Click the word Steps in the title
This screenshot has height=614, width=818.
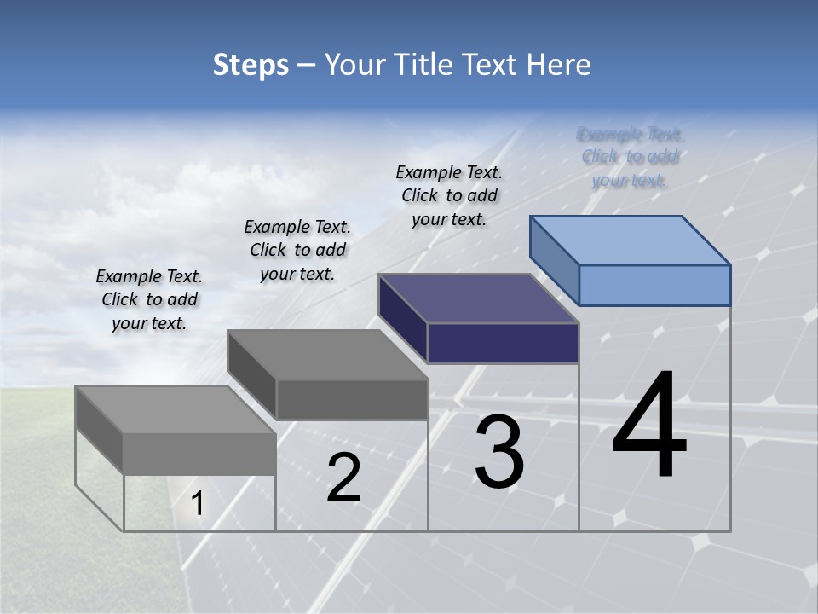[x=251, y=66]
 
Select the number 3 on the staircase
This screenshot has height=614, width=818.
[x=499, y=454]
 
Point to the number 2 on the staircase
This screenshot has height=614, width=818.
[x=343, y=478]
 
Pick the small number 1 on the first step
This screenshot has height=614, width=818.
[x=198, y=504]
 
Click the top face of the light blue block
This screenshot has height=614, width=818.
[x=631, y=240]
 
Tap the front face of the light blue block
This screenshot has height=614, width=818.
[x=654, y=285]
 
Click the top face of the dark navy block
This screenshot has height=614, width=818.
[x=479, y=298]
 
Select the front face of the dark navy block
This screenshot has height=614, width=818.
[x=503, y=343]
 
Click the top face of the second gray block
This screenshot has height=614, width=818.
[x=327, y=355]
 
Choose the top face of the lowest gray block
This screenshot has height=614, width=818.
[x=176, y=409]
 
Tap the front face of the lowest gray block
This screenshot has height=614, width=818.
[x=199, y=453]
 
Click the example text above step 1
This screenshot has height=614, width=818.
[x=149, y=299]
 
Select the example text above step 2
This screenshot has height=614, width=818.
[x=297, y=250]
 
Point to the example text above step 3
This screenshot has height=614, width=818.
[x=449, y=195]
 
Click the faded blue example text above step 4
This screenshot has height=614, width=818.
[x=631, y=157]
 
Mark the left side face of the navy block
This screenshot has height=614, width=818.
[x=403, y=319]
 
